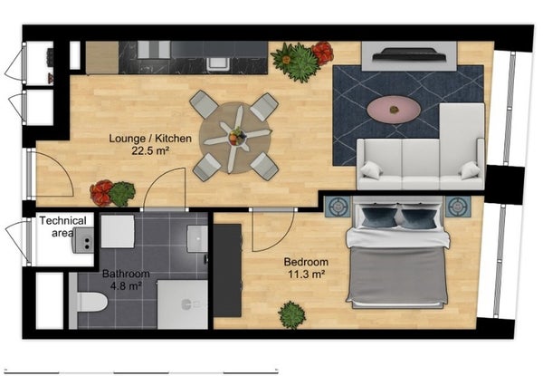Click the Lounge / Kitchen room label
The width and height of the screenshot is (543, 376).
(x=150, y=139)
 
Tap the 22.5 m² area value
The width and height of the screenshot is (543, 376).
(x=150, y=150)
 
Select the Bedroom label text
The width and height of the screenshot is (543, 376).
(x=306, y=262)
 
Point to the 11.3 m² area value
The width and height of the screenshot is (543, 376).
(x=307, y=275)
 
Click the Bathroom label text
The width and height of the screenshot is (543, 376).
(x=126, y=274)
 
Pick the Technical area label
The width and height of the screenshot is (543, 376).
(x=63, y=227)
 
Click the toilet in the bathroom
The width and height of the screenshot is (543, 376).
(x=89, y=302)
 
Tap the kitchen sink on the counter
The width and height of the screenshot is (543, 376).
(x=218, y=63)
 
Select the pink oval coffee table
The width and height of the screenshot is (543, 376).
(x=394, y=110)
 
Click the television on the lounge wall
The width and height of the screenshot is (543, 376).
(x=409, y=54)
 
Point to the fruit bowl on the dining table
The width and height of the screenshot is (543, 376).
(x=237, y=136)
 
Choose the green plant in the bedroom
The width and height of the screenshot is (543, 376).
(x=292, y=315)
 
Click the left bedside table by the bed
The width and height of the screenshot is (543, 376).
(x=338, y=207)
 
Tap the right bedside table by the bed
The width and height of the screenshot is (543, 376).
(x=458, y=207)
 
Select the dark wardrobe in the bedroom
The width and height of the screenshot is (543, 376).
(x=227, y=270)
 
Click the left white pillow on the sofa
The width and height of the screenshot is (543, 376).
(x=371, y=170)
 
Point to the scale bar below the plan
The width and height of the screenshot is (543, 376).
(x=143, y=372)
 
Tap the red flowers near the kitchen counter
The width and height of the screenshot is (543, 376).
(x=323, y=53)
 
